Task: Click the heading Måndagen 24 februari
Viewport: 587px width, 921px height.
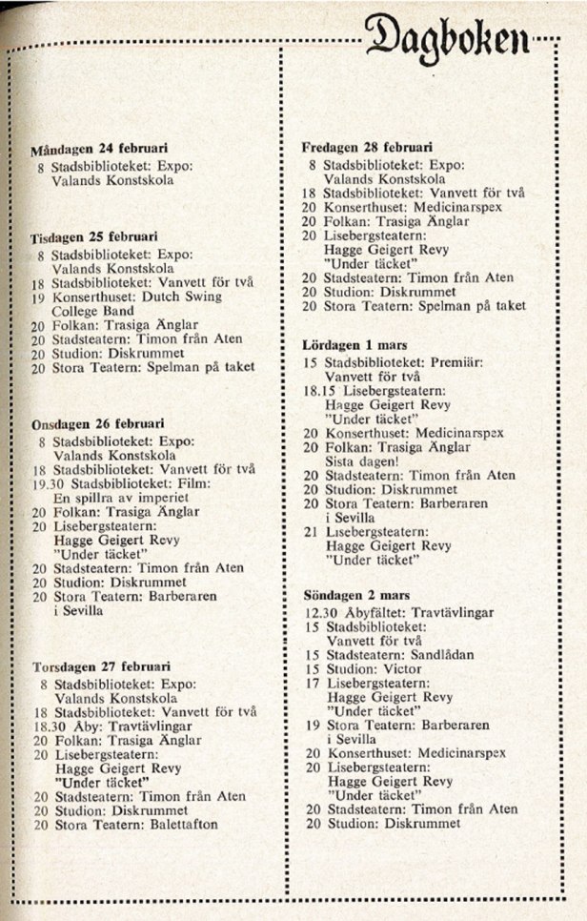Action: pos(99,150)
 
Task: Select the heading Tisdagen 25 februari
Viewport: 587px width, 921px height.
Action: pos(94,235)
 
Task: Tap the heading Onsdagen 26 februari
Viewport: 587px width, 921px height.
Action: pos(98,423)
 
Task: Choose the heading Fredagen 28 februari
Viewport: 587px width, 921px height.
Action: pos(367,148)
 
